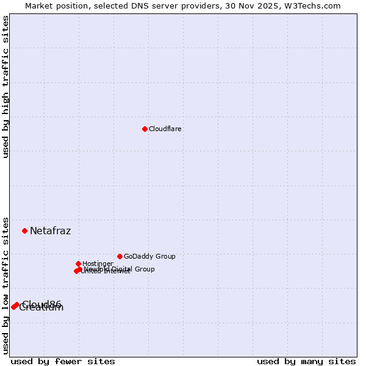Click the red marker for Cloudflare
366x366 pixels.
tap(145, 129)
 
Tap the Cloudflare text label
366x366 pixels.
tap(165, 129)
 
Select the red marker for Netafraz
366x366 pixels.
tap(25, 231)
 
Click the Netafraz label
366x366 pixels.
tap(51, 231)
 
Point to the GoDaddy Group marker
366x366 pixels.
tap(120, 256)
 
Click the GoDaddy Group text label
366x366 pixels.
tap(149, 256)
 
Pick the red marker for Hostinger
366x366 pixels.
tap(78, 264)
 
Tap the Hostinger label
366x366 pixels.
tap(98, 264)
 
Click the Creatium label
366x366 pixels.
tap(41, 308)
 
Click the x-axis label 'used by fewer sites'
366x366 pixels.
tap(63, 361)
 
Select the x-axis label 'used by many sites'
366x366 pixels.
tap(306, 361)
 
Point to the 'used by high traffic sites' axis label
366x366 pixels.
tap(6, 87)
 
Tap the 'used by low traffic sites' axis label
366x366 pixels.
tap(6, 285)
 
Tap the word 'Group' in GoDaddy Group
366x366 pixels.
tap(165, 256)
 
